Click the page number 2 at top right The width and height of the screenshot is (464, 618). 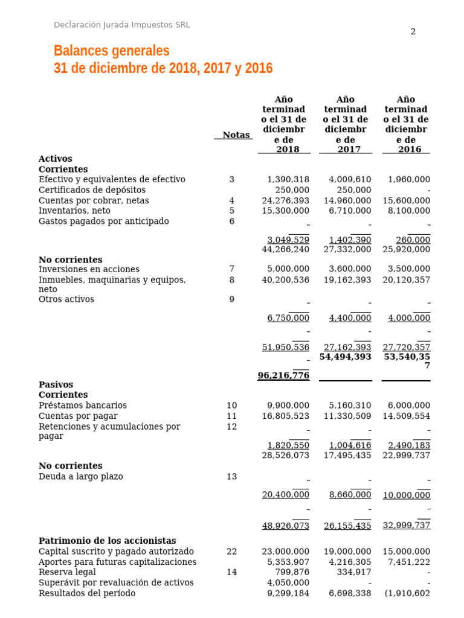(413, 32)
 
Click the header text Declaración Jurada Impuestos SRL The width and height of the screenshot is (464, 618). (121, 25)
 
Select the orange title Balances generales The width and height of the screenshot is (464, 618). (112, 51)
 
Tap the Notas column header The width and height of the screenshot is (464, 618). (236, 135)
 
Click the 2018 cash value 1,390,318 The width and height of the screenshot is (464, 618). (288, 180)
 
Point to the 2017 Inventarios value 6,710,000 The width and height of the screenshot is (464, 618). (350, 211)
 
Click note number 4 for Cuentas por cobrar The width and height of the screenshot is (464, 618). (231, 200)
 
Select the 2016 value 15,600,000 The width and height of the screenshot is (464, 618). (407, 200)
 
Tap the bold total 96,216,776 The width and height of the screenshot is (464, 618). (283, 375)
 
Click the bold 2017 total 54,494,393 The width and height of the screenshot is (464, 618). (346, 357)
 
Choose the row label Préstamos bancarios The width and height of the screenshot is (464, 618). (82, 406)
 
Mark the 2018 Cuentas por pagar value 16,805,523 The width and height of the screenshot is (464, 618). (286, 416)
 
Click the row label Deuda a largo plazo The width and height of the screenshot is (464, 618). (80, 477)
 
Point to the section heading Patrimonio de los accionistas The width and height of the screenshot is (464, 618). (107, 541)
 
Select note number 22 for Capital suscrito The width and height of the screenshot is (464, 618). (231, 552)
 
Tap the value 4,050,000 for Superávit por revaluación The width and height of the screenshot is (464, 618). (288, 583)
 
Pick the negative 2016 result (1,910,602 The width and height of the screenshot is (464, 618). (407, 593)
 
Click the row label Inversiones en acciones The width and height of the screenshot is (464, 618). (89, 269)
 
